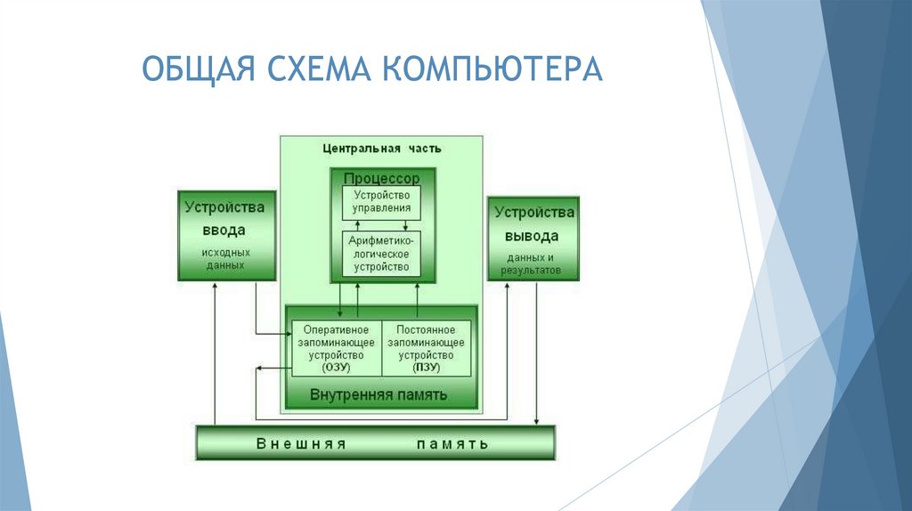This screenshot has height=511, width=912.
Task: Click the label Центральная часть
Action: (x=381, y=148)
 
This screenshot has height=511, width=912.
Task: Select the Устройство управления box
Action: (x=381, y=202)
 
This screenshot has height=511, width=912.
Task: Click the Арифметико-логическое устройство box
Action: (x=381, y=254)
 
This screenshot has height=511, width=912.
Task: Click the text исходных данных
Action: (x=225, y=259)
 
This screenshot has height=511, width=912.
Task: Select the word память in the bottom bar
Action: (x=451, y=443)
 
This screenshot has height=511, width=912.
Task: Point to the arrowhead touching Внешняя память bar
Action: (x=536, y=421)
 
